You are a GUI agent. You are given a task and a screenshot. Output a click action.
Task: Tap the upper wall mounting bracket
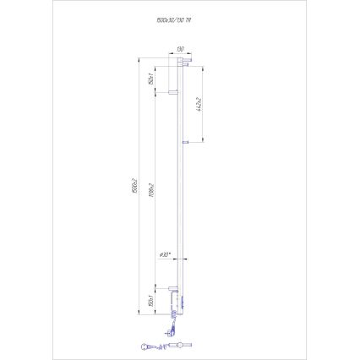(173, 90)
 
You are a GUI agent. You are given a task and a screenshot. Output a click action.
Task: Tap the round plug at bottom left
(146, 344)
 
